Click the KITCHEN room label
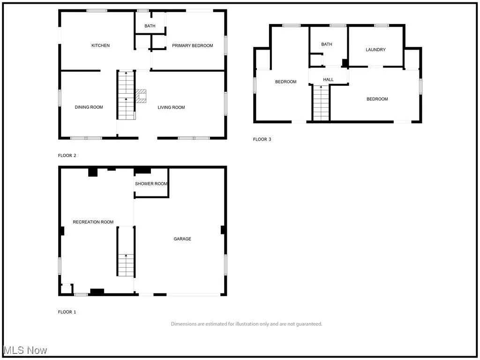100,45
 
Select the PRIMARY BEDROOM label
192,45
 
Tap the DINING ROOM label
89,107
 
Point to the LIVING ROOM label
171,107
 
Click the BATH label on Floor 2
150,26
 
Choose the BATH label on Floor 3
326,45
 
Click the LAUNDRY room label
375,50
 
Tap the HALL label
328,80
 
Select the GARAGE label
182,239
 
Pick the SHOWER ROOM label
151,184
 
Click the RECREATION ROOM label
93,222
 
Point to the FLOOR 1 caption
67,312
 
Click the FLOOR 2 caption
67,156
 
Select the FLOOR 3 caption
262,139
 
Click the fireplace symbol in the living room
141,96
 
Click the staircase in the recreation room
125,265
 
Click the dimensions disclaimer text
246,324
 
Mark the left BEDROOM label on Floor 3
285,82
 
